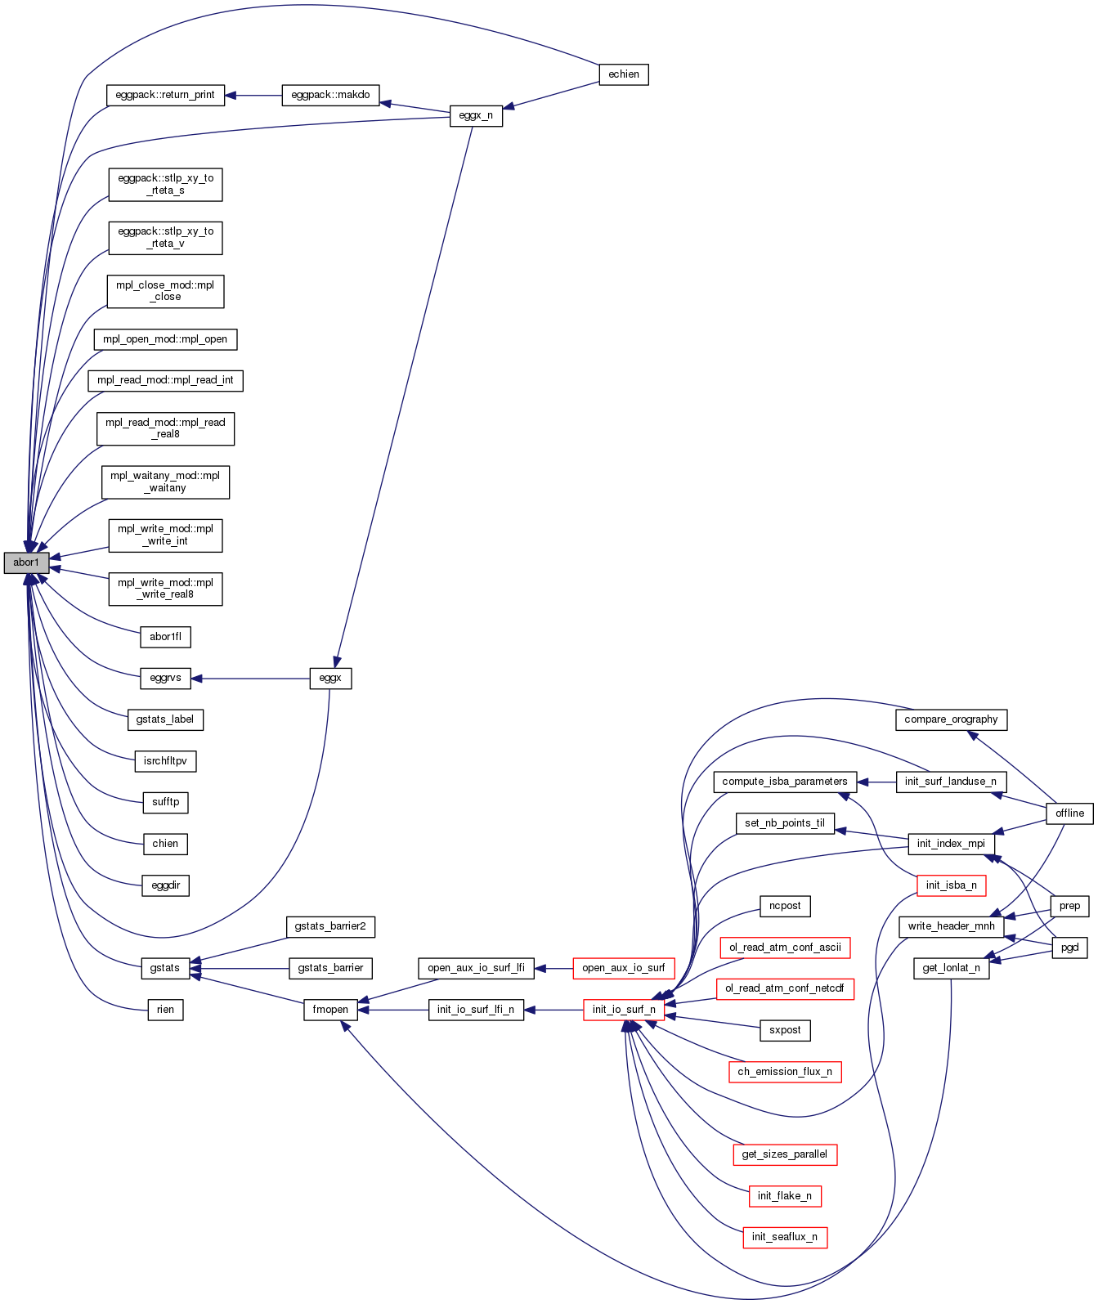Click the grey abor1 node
[x=26, y=562]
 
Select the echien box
[x=624, y=74]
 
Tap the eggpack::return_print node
[x=165, y=95]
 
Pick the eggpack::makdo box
[x=330, y=95]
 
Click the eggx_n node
[x=476, y=116]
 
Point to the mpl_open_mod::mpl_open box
[x=165, y=339]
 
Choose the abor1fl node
[x=165, y=637]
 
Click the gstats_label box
[x=165, y=719]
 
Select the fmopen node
[x=330, y=1010]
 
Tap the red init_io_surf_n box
[x=624, y=1010]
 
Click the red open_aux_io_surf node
[x=624, y=968]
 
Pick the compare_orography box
[x=951, y=719]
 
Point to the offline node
[x=1069, y=813]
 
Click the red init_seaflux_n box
[x=785, y=1237]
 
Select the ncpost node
[x=785, y=906]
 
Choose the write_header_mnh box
[x=951, y=926]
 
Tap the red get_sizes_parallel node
[x=785, y=1154]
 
